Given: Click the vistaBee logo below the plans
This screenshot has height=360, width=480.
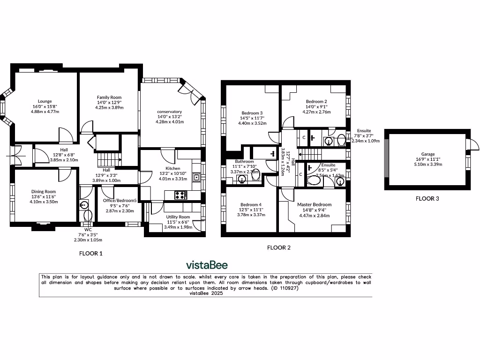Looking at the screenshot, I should tap(207, 265).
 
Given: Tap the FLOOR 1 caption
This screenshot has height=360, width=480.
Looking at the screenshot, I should tap(90, 253).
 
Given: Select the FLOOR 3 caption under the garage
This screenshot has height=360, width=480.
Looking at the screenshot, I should tap(427, 198).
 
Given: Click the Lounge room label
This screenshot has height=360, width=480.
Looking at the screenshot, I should tap(45, 101).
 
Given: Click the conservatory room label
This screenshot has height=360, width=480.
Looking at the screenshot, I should tap(169, 112).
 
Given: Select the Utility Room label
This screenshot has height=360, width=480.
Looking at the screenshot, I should tap(178, 217).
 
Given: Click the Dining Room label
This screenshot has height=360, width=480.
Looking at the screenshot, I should tap(44, 191).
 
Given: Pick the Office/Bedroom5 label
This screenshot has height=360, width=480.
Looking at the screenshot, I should tap(119, 201).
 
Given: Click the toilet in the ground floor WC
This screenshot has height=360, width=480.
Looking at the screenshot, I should tap(87, 216).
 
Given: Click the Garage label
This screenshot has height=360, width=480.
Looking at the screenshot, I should tap(427, 154).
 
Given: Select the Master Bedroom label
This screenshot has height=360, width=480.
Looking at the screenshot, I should tap(314, 204).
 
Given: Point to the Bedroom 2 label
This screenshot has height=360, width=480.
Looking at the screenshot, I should tap(316, 101).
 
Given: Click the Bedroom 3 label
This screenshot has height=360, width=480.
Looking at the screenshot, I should tap(252, 113).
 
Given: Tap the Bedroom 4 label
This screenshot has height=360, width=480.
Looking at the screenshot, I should tap(251, 204).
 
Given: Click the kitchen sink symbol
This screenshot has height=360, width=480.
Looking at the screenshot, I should tap(197, 177).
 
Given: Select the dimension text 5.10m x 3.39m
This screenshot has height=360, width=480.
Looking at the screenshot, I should tap(427, 164).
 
